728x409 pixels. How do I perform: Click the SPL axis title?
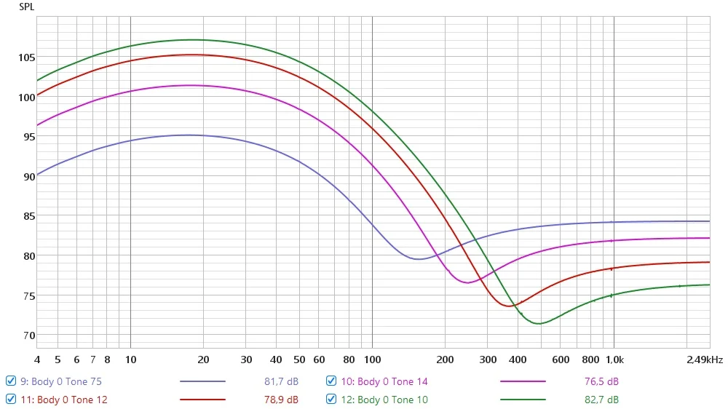pos(26,7)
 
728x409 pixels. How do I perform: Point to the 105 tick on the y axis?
pos(26,57)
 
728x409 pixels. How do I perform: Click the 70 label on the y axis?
pos(29,335)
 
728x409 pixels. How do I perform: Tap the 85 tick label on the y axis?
pos(29,216)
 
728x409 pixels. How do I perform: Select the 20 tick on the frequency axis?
pos(203,360)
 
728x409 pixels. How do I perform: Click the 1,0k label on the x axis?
pos(614,360)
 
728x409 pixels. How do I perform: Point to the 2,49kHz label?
pos(705,360)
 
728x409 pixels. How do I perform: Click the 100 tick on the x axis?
pos(372,360)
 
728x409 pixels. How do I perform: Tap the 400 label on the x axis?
pos(518,360)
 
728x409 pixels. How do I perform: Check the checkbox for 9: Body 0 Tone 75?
pos(11,381)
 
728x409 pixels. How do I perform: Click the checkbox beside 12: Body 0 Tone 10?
pos(331,400)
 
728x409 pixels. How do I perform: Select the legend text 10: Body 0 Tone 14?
pos(384,381)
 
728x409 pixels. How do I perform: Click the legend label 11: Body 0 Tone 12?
pos(64,400)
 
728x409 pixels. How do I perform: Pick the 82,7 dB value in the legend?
pos(601,400)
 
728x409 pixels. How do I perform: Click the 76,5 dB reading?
pos(601,381)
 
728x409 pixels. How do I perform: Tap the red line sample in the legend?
pos(202,400)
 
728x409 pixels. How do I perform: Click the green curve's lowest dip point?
pos(539,324)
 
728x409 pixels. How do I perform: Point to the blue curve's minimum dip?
pos(419,259)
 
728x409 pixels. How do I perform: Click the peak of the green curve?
pos(193,40)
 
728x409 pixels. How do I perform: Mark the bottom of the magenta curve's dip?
pos(467,282)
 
